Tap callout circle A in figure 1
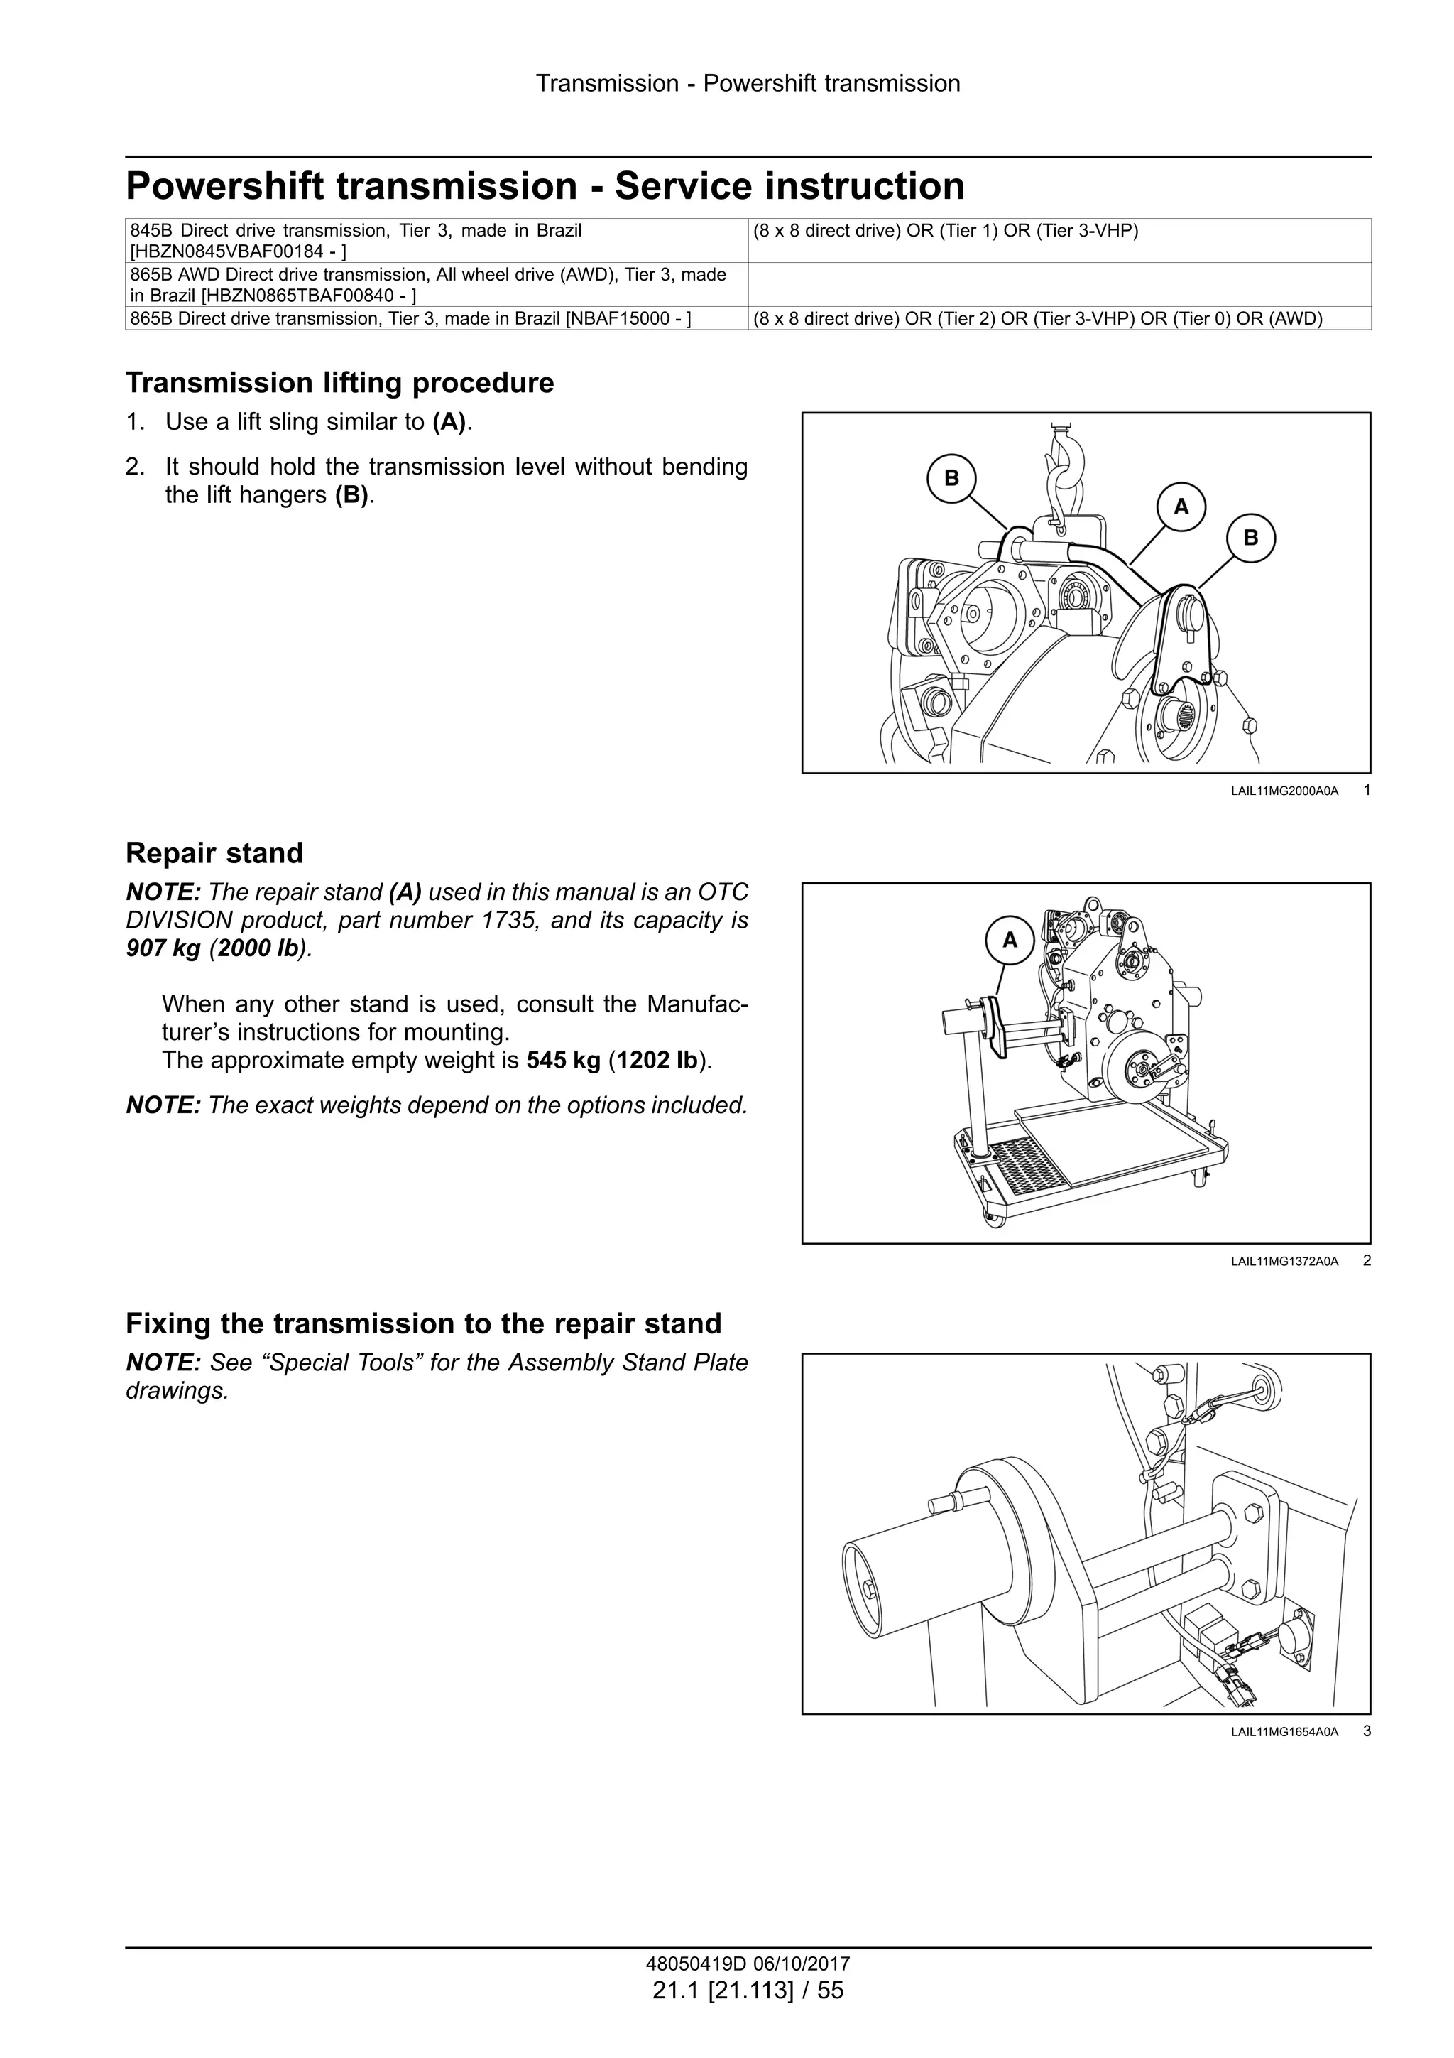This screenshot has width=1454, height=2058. pyautogui.click(x=1181, y=507)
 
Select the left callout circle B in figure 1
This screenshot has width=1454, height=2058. pyautogui.click(x=951, y=479)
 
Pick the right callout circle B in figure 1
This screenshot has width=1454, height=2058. pyautogui.click(x=1251, y=538)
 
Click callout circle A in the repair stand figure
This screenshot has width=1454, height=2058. pyautogui.click(x=1010, y=941)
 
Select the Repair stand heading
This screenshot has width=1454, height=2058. pyautogui.click(x=214, y=852)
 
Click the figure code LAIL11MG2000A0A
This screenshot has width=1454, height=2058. pyautogui.click(x=1284, y=791)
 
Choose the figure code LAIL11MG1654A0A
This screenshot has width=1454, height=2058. pyautogui.click(x=1284, y=1733)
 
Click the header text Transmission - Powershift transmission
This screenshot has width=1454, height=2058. pyautogui.click(x=748, y=83)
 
